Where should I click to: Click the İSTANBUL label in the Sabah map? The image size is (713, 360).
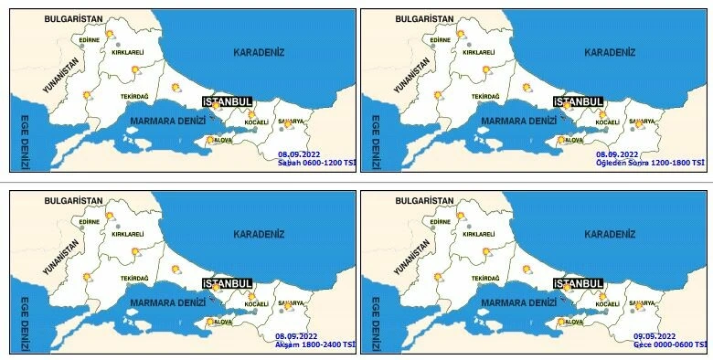coord(226,102)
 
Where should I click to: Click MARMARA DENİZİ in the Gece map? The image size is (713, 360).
coord(520,302)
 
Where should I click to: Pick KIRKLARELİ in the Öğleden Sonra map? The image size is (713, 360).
coord(478,53)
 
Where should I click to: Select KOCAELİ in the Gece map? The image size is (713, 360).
coord(608,303)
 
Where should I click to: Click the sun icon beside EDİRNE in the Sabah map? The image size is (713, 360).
coord(110,34)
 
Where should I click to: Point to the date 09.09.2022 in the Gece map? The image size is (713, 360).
coord(654,336)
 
